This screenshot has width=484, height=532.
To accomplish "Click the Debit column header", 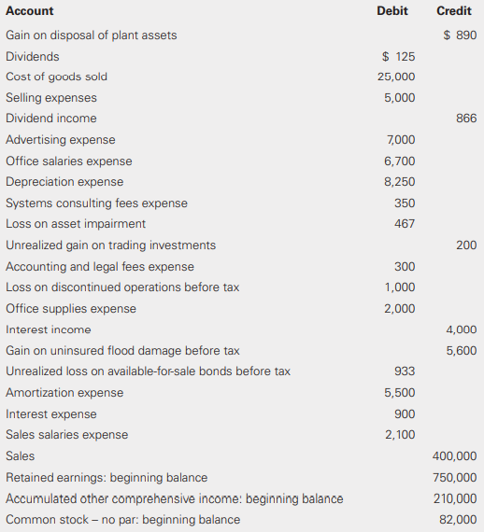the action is coord(392,11).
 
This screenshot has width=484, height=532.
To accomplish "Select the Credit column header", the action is coord(453,11).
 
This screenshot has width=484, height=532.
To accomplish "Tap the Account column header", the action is coord(30,11).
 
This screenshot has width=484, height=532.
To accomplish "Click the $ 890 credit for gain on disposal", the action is coord(460,35).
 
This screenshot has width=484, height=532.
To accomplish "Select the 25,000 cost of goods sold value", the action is coord(396,77).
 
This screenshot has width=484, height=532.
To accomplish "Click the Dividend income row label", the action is coord(51,119).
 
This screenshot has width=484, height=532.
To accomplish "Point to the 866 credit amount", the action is coord(466,119).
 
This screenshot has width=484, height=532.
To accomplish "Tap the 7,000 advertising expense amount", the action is coord(400,140).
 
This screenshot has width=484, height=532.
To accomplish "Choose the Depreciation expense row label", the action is coord(64,182).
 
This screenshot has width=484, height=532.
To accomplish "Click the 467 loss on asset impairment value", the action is coord(405,224).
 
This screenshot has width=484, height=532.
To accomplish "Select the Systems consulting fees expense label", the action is coord(96,203).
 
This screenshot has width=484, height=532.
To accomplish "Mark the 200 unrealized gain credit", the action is coord(466,245).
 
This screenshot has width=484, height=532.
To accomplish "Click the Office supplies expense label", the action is coord(71,309).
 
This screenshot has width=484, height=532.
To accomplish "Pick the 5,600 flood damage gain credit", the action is coord(462,351).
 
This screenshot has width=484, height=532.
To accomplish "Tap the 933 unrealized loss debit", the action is coord(405,371).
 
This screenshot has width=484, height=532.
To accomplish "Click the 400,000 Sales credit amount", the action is coord(455,456).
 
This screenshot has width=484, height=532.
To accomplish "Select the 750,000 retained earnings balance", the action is coord(455,478).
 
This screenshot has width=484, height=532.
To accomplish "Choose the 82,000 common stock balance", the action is coord(458,520).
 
